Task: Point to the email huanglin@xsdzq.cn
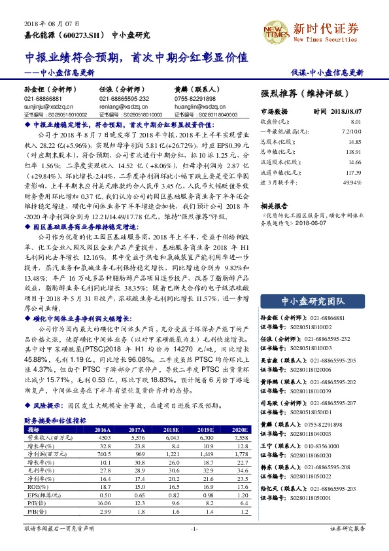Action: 196,104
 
